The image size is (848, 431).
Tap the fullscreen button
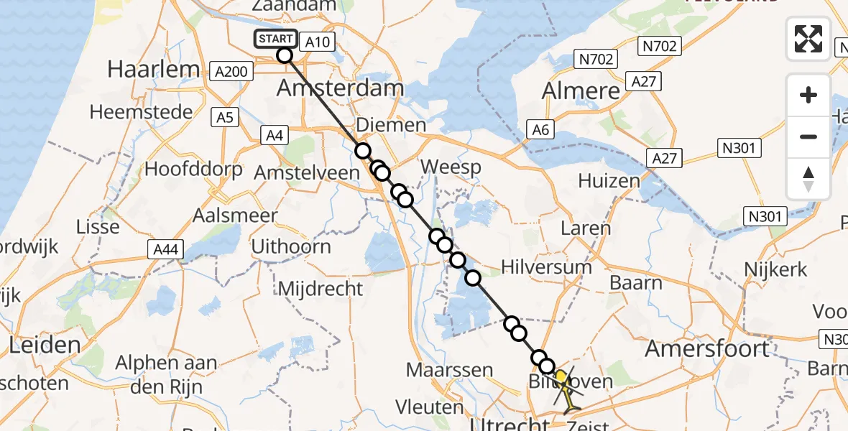point(808,39)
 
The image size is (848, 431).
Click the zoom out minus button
point(808,136)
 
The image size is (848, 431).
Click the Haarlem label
point(153,70)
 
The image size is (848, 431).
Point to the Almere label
point(581,91)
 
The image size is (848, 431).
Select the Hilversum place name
point(547,267)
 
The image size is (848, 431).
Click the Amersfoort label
point(707,349)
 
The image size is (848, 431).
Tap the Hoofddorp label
point(190,170)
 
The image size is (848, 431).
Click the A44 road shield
point(166,249)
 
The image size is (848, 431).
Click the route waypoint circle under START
point(285,55)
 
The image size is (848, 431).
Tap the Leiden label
point(45,346)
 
